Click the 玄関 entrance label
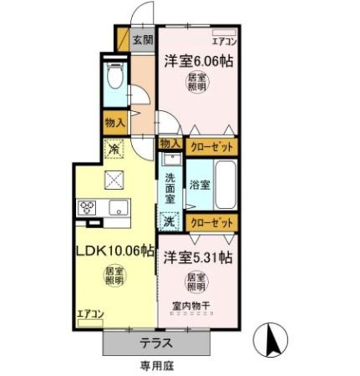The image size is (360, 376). coord(142,41)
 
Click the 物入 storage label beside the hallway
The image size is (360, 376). coord(114,123)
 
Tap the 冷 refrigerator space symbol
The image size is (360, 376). coord(114,149)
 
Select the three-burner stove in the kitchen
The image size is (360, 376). coord(88,207)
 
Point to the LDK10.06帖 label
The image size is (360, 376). coord(115,251)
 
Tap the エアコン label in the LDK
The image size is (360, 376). coord(90,314)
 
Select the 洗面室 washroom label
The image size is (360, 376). coord(170,188)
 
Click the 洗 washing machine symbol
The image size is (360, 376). coord(169,222)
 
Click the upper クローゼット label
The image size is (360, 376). coord(213,146)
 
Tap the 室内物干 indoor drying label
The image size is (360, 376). coord(189,305)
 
